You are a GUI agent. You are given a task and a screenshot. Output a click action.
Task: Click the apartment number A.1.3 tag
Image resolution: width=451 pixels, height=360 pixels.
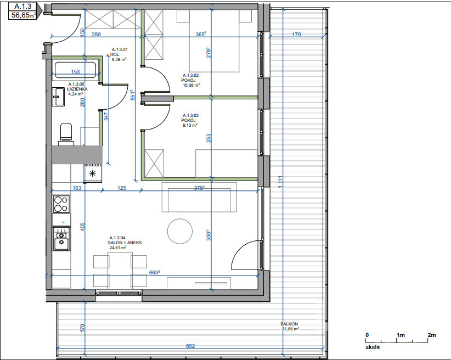pyautogui.click(x=23, y=6)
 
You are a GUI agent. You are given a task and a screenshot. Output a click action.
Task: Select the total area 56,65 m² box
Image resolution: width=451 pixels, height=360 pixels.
pyautogui.click(x=23, y=15)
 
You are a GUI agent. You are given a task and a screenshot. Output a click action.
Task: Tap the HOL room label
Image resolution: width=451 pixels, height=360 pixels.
pyautogui.click(x=115, y=54)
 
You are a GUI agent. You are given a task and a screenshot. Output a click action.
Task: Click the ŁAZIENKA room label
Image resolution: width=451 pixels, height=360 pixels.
pyautogui.click(x=77, y=89)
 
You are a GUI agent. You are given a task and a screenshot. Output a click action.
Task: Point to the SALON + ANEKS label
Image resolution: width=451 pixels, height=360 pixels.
pyautogui.click(x=125, y=243)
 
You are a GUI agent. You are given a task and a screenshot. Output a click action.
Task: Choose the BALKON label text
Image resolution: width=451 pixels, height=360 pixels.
pyautogui.click(x=289, y=324)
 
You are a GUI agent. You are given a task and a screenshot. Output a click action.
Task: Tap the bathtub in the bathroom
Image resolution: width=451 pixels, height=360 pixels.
pyautogui.click(x=75, y=70)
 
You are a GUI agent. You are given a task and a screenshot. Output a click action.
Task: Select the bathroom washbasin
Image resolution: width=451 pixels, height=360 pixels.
pyautogui.click(x=58, y=97)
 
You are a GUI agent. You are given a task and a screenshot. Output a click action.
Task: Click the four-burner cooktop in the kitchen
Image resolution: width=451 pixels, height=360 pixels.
pyautogui.click(x=61, y=204)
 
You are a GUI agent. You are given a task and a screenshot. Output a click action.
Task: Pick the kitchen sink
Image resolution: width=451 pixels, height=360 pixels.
pyautogui.click(x=61, y=238)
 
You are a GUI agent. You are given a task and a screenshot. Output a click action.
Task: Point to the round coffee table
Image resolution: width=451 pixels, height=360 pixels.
pyautogui.click(x=180, y=232)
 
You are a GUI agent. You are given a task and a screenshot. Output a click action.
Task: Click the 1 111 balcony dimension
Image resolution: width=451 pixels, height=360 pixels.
pyautogui.click(x=280, y=182)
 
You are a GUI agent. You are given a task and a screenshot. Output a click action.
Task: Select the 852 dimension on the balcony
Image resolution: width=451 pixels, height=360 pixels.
pyautogui.click(x=190, y=346)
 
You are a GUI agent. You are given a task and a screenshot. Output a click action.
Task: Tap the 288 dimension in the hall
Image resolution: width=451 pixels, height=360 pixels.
pyautogui.click(x=96, y=34)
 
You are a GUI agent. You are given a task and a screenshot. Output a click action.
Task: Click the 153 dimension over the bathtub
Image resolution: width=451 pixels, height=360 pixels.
pyautogui.click(x=75, y=72)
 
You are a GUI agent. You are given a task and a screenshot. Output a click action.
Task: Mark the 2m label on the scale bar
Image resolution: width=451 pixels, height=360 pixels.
pyautogui.click(x=431, y=335)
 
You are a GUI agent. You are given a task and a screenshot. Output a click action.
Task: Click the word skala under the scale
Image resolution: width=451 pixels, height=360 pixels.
pyautogui.click(x=373, y=347)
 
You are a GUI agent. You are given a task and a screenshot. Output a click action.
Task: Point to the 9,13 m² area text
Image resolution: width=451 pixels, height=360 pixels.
pyautogui.click(x=190, y=125)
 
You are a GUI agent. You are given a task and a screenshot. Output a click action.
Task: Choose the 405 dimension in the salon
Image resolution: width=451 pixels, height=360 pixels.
pyautogui.click(x=82, y=227)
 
